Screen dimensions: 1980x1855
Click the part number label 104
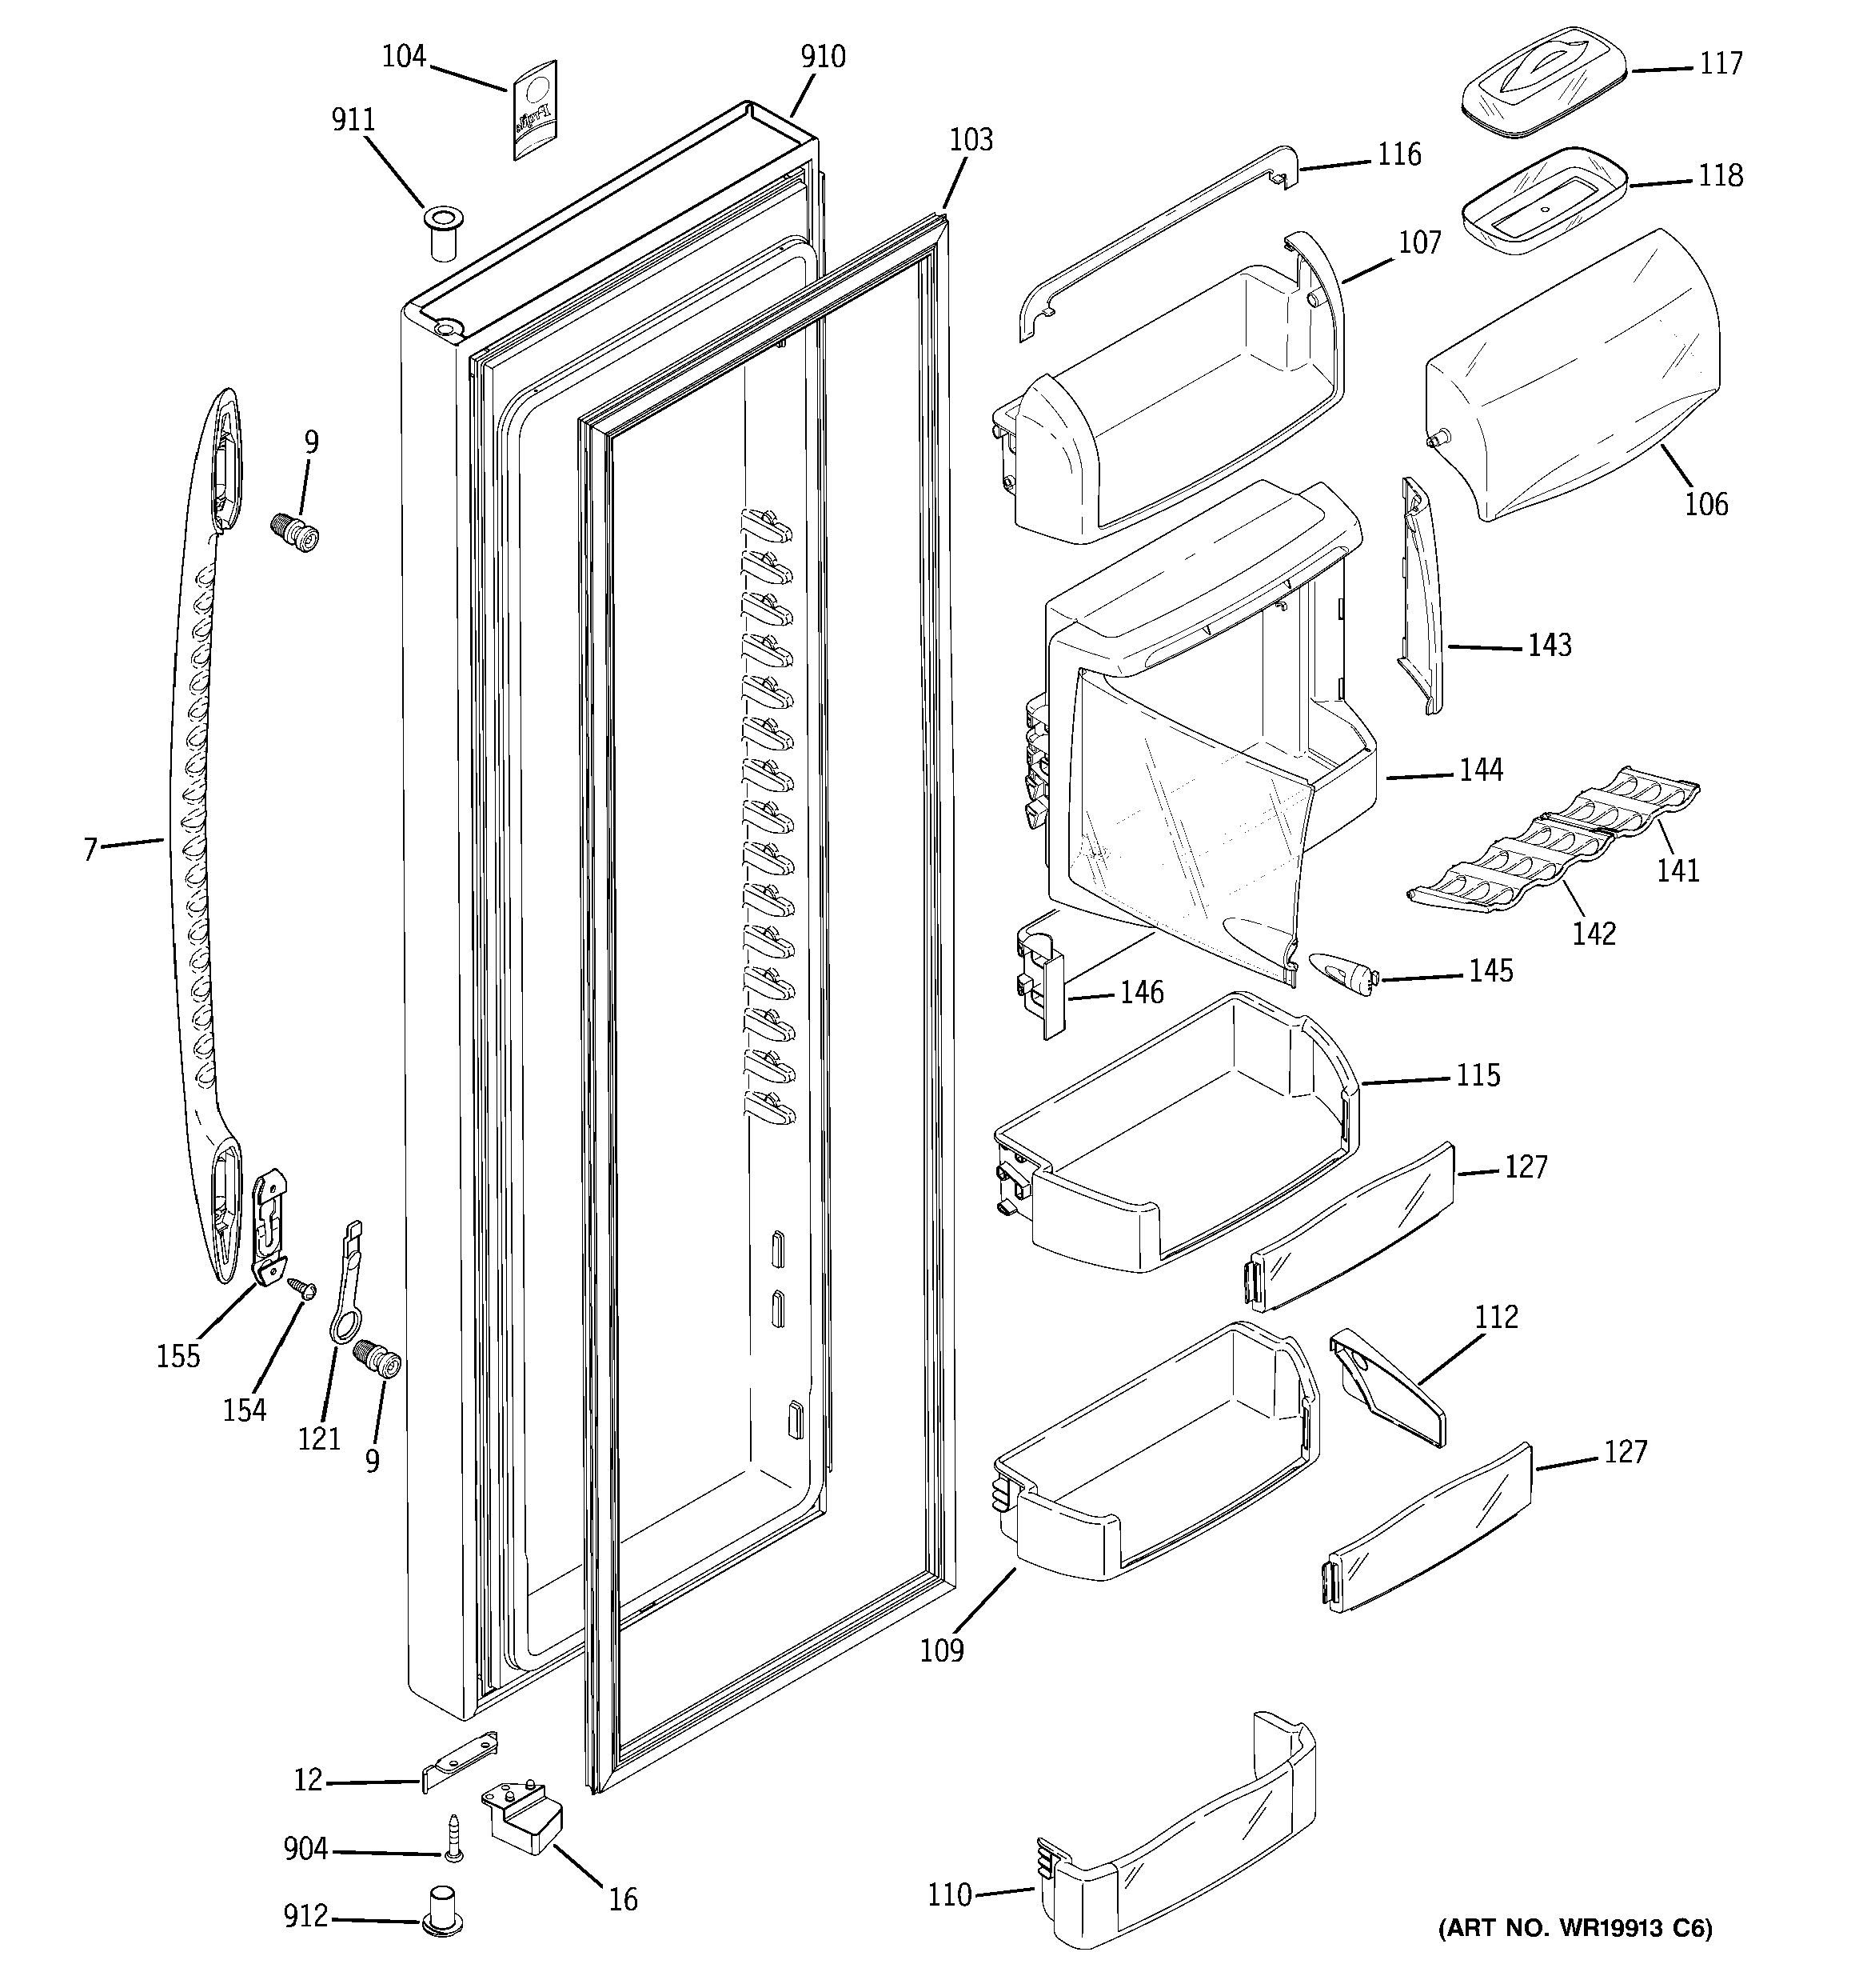403,57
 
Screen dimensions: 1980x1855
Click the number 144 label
1481,770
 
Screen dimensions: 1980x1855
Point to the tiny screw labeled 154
299,1289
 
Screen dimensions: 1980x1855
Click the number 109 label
941,1651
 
